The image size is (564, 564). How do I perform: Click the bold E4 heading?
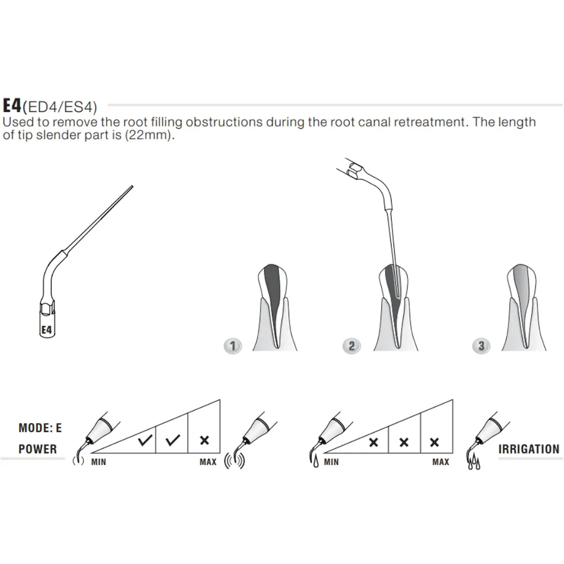click(x=12, y=106)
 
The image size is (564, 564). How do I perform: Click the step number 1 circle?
click(x=234, y=346)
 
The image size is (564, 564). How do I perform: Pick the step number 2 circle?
click(x=351, y=346)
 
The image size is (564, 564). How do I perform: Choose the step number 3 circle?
click(x=481, y=346)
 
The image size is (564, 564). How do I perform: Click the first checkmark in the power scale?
click(x=145, y=440)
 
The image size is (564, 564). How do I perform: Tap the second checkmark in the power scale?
click(x=173, y=440)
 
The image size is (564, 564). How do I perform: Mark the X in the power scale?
click(x=204, y=440)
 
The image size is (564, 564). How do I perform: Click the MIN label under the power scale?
click(x=99, y=462)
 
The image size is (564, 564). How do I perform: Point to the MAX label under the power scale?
click(x=208, y=462)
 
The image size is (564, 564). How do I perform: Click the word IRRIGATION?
click(x=529, y=449)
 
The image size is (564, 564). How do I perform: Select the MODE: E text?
click(x=40, y=427)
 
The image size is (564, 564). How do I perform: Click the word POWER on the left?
click(x=37, y=449)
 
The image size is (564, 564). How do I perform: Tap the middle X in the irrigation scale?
click(x=404, y=442)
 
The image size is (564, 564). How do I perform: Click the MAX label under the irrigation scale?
click(x=441, y=462)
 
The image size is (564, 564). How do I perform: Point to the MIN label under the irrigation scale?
click(x=331, y=462)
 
